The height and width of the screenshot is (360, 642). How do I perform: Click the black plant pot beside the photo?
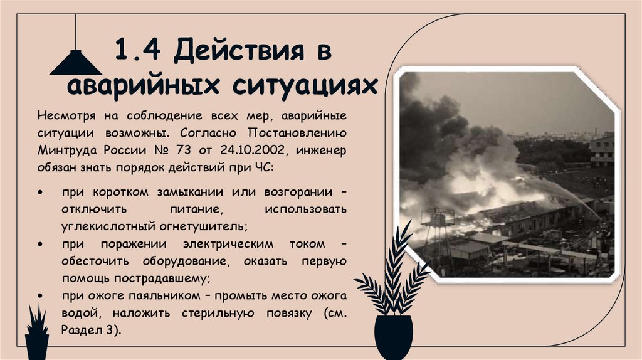tap(394, 337)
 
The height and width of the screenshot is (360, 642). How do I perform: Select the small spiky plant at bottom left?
tap(37, 332)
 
